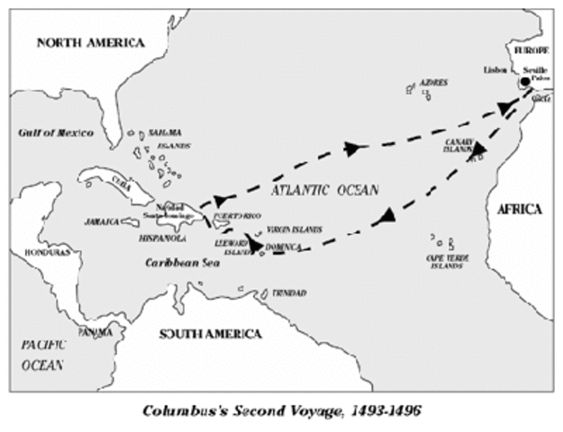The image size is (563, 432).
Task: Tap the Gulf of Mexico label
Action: click(56, 132)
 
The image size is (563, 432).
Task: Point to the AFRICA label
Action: click(520, 209)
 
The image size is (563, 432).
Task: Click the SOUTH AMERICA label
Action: click(210, 334)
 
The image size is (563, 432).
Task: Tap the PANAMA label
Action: click(96, 332)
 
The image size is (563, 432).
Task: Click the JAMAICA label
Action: click(102, 220)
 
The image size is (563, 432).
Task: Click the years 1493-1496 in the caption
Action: click(377, 410)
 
